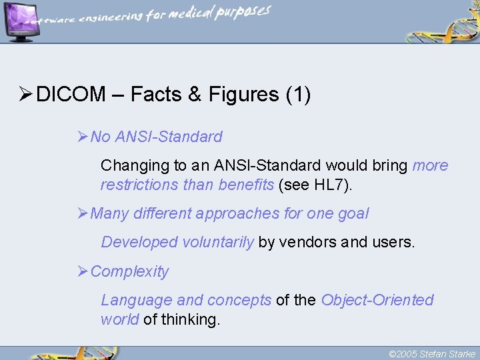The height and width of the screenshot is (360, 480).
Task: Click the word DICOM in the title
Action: click(71, 95)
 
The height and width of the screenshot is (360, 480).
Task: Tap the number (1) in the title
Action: click(298, 95)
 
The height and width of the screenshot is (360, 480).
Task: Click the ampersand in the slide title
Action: click(195, 95)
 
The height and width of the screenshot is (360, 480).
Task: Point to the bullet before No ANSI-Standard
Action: click(83, 137)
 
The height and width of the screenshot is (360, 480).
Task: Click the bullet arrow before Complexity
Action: click(83, 271)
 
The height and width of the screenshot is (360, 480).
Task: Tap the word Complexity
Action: click(129, 271)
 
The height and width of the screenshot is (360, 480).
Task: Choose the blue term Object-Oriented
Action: click(377, 300)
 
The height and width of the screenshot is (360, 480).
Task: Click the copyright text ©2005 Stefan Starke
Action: click(431, 354)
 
